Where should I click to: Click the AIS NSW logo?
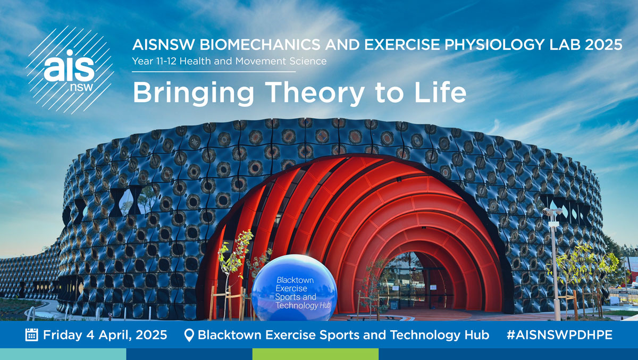coord(70,70)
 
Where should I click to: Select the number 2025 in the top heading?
coord(603,45)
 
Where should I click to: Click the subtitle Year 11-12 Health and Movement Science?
coord(229,61)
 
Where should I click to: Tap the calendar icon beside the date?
coord(31,334)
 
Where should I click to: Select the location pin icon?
coord(189,335)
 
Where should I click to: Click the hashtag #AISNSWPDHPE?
coord(559,335)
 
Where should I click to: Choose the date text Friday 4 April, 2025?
coord(105,335)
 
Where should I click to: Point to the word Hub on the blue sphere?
coord(325,306)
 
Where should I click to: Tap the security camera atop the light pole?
coord(552,212)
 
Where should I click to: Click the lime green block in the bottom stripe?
coord(315,354)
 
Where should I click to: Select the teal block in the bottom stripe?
coord(63,354)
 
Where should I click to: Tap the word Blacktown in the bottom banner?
coord(230,335)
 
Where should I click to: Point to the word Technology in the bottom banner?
coord(425,336)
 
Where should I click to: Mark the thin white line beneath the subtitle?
coord(214,72)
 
